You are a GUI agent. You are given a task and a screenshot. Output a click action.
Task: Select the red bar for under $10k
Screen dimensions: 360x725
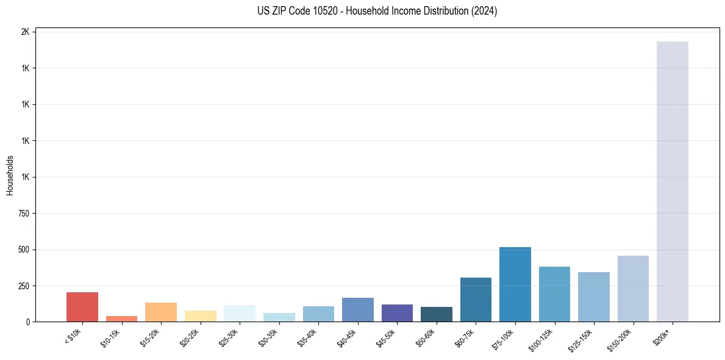[82, 307]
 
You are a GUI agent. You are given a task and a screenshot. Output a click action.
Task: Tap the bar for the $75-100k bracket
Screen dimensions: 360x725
[515, 284]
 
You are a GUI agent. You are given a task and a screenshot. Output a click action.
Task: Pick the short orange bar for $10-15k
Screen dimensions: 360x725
[121, 319]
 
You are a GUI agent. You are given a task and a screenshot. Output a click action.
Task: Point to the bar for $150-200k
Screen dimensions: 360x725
[633, 289]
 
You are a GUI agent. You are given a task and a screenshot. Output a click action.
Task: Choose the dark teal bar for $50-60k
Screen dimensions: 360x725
[436, 314]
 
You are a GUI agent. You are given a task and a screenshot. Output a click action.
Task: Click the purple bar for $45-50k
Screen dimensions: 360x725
[397, 313]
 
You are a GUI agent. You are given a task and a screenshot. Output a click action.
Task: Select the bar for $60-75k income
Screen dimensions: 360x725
[476, 300]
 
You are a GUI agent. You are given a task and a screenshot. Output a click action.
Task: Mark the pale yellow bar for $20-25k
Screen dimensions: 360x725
[200, 316]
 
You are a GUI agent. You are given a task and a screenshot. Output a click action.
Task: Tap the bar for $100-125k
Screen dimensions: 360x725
[554, 294]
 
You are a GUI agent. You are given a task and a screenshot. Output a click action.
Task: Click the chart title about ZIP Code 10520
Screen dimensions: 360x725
[377, 11]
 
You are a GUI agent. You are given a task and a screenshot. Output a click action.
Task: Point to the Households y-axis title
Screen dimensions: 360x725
[10, 175]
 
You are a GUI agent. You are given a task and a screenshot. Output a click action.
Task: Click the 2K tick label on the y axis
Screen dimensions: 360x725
[25, 32]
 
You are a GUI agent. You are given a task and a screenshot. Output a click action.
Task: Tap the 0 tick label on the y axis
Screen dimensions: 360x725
[28, 322]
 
